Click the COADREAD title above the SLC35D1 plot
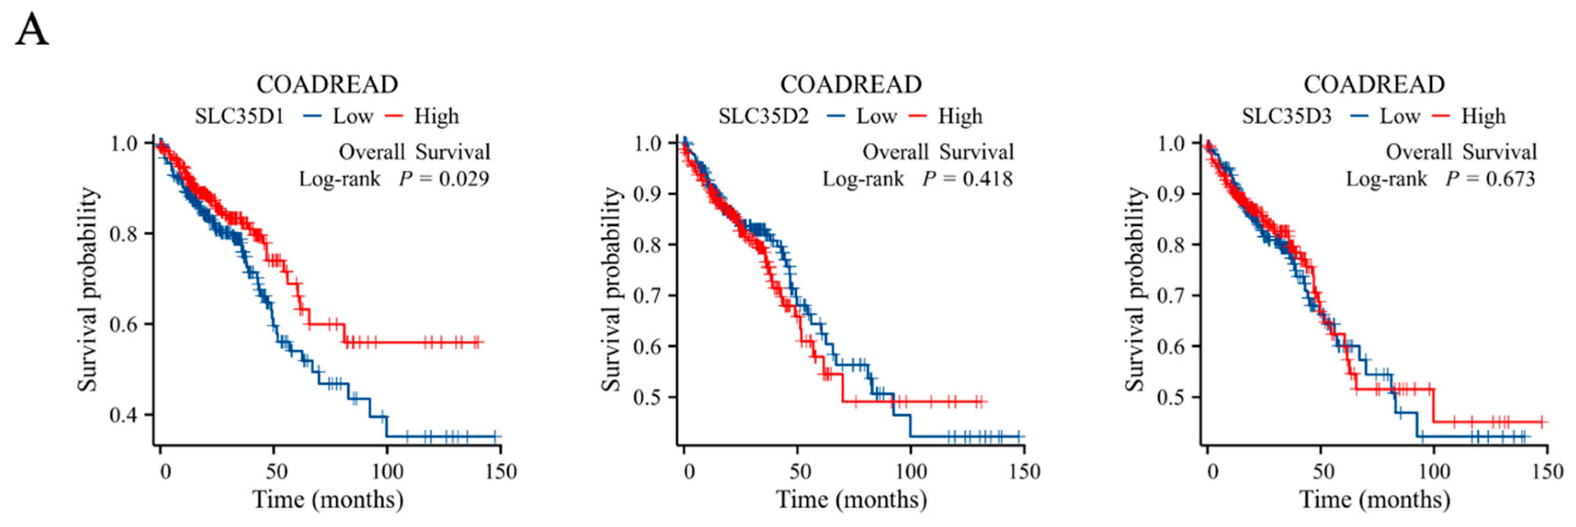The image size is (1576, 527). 327,84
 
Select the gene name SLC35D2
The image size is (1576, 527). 764,116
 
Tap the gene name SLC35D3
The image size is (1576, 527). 1287,116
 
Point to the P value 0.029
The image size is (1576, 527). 464,179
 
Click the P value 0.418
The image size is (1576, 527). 987,179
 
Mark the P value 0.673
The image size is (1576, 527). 1511,179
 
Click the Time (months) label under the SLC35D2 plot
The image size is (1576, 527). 851,500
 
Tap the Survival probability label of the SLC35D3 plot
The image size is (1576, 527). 1135,289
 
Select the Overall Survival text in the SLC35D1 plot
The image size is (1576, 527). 415,151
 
